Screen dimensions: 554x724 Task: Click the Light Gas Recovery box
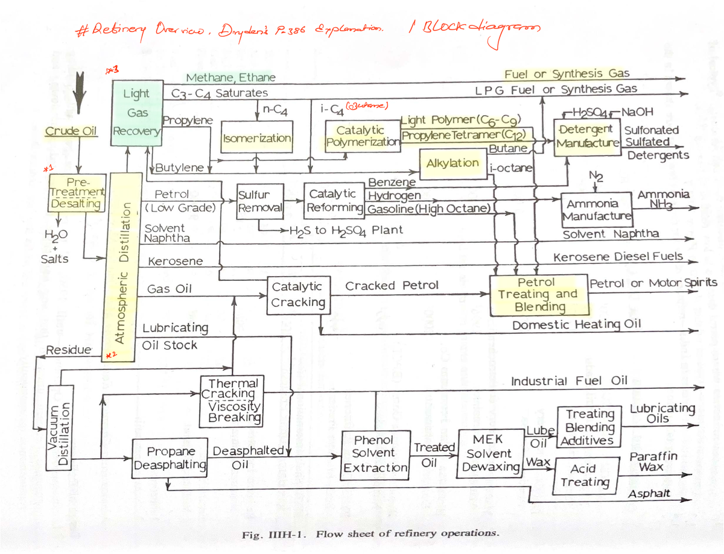[136, 112]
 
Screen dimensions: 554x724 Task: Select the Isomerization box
[257, 138]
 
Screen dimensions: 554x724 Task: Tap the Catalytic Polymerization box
[361, 136]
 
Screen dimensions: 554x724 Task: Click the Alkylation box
[453, 163]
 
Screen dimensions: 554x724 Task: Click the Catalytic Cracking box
[297, 294]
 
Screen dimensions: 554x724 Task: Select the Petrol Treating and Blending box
[538, 295]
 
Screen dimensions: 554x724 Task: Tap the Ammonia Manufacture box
[597, 209]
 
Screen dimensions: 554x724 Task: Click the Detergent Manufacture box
[586, 136]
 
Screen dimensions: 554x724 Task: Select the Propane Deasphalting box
[171, 458]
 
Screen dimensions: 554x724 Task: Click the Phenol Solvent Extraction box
[375, 454]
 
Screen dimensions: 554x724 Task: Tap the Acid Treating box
[585, 475]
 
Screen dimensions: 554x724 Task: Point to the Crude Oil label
[71, 131]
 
